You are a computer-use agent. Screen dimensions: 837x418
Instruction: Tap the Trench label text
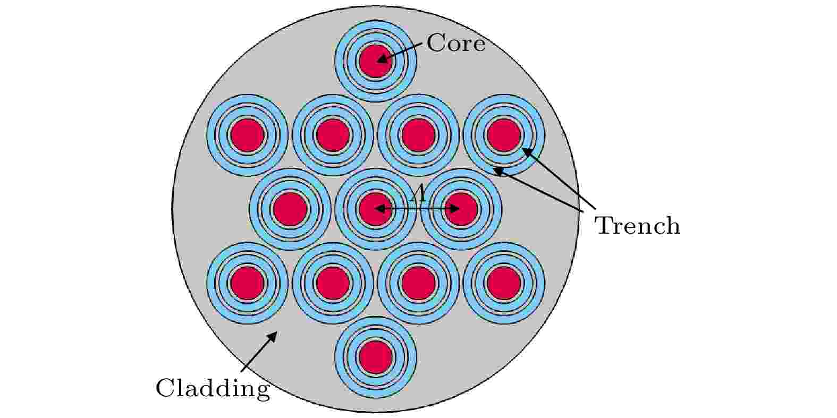click(x=638, y=226)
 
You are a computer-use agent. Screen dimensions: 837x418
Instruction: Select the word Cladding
click(x=213, y=388)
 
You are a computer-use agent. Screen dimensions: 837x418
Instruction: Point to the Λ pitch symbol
click(x=419, y=193)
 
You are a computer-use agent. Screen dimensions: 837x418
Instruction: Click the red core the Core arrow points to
click(x=376, y=61)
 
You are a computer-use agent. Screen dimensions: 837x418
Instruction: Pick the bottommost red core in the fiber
click(x=376, y=357)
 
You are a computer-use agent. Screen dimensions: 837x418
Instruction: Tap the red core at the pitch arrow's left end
click(x=376, y=209)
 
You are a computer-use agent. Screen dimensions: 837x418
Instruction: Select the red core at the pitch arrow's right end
click(x=461, y=209)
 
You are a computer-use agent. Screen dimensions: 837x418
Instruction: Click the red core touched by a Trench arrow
click(x=504, y=135)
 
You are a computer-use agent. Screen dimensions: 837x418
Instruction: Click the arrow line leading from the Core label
click(x=400, y=52)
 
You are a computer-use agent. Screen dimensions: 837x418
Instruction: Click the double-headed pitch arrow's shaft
click(x=417, y=208)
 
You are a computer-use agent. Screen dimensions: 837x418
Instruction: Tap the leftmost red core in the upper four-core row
click(x=247, y=135)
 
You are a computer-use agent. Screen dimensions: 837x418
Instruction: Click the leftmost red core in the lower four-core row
click(x=247, y=283)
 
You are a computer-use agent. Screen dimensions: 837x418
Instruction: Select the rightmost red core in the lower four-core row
click(x=504, y=283)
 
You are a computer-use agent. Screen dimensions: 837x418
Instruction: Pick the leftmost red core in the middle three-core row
click(x=290, y=209)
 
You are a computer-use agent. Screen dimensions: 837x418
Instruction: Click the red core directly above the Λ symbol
click(x=419, y=135)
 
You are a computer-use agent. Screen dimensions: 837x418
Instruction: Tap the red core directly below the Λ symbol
click(x=419, y=283)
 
